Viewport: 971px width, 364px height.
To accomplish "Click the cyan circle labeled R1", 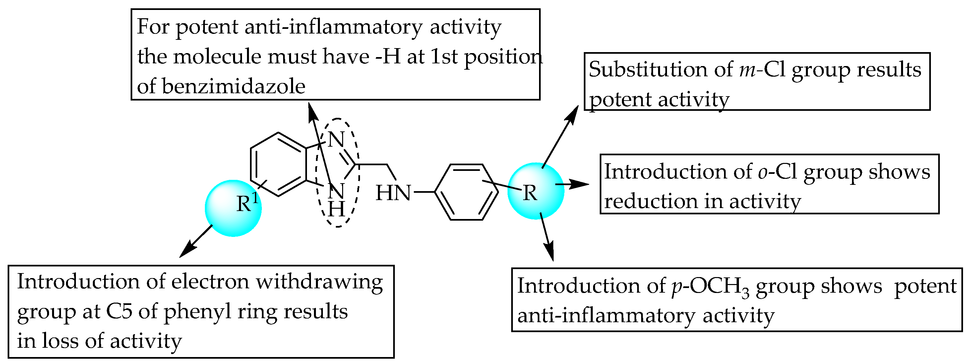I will pos(233,208).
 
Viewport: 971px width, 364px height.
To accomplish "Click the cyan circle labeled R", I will pos(536,191).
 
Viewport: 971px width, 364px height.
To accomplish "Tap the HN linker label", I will pos(393,193).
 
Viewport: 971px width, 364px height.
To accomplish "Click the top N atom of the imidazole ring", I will pos(336,140).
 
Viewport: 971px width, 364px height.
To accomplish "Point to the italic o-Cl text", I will pos(777,172).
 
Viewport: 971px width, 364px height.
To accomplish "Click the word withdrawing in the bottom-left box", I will pos(320,282).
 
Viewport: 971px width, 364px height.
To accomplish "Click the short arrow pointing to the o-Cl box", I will pos(573,184).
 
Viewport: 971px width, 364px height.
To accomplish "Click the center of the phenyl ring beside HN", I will pos(467,192).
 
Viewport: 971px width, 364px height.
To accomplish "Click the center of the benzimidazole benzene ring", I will pos(278,165).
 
